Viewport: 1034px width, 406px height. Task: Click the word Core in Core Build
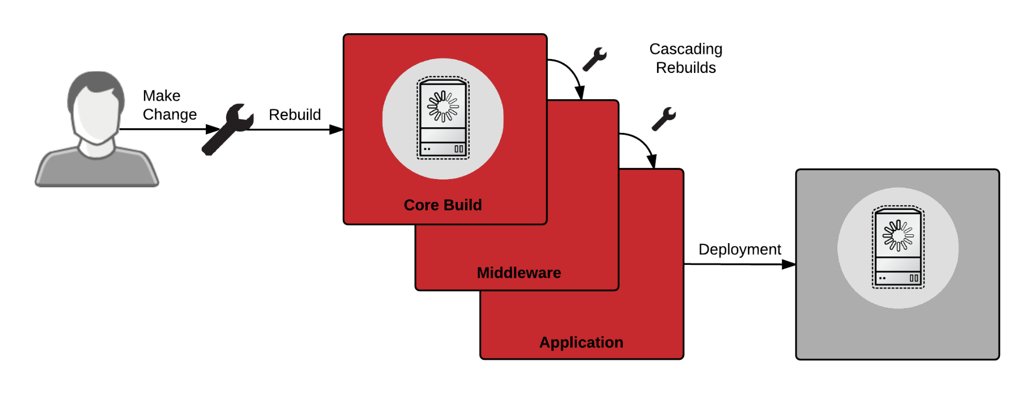[421, 205]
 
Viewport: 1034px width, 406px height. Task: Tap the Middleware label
[519, 273]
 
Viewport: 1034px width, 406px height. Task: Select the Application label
[581, 342]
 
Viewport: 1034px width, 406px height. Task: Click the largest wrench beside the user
[228, 129]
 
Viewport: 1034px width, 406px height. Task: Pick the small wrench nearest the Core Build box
[594, 59]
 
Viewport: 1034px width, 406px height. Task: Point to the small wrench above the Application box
[664, 119]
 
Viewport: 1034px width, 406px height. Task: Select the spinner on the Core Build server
[443, 107]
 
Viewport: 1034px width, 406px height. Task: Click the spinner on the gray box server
[898, 235]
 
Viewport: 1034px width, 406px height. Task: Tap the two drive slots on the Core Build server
[459, 149]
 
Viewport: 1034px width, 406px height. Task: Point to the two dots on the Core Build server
[427, 149]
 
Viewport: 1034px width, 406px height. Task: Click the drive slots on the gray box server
[914, 278]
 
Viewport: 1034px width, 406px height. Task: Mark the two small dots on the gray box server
[882, 278]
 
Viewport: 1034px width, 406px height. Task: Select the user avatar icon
[97, 129]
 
